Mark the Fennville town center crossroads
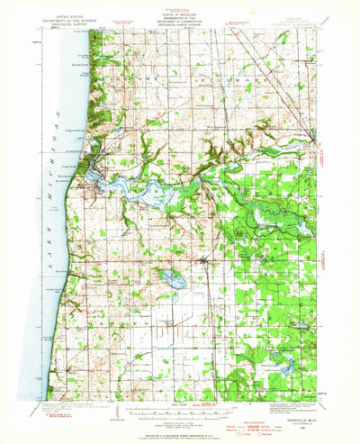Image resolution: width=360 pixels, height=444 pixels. point(206,262)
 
